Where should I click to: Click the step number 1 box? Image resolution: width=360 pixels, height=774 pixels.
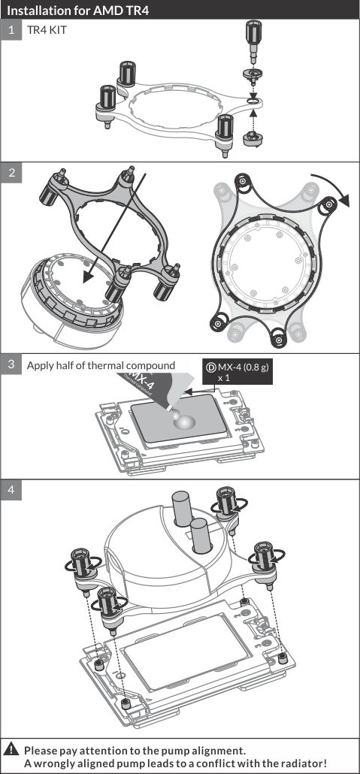(11, 29)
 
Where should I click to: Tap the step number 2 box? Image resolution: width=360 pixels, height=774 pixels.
(11, 172)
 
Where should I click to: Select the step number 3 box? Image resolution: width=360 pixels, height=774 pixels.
(11, 364)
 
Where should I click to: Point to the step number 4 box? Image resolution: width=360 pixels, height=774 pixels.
(11, 490)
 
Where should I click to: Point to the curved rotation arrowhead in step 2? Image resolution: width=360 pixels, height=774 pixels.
(343, 201)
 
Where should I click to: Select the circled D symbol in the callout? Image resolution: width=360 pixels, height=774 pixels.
(211, 367)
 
